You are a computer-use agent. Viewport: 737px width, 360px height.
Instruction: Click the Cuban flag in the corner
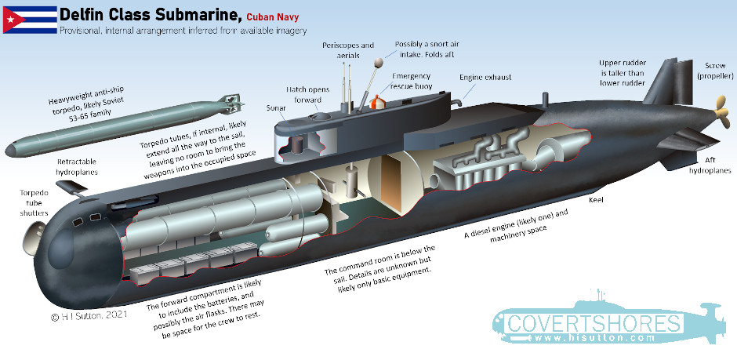click(x=30, y=20)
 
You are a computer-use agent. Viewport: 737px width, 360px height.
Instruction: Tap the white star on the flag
click(x=11, y=20)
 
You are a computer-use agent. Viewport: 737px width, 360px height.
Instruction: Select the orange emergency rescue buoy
click(x=377, y=102)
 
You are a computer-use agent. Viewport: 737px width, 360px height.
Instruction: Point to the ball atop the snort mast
click(x=378, y=61)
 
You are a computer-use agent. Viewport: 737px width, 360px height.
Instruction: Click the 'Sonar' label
click(x=276, y=108)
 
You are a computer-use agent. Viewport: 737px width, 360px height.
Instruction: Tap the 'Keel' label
click(x=596, y=200)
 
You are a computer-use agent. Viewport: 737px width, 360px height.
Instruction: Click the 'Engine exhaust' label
click(x=485, y=77)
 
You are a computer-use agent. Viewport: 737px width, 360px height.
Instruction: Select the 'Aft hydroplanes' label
click(x=710, y=165)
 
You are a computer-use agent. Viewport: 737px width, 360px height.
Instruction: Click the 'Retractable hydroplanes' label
click(x=77, y=167)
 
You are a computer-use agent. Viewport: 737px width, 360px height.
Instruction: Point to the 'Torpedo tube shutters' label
click(x=34, y=203)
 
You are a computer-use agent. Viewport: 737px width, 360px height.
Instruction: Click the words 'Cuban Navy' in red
click(x=273, y=18)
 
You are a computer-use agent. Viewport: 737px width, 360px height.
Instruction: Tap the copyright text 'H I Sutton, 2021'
click(x=89, y=316)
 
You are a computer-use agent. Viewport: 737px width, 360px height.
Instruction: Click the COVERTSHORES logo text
click(x=594, y=324)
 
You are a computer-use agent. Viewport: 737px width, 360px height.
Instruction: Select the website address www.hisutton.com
click(x=594, y=338)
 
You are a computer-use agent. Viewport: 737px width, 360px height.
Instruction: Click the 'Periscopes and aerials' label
click(x=348, y=50)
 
